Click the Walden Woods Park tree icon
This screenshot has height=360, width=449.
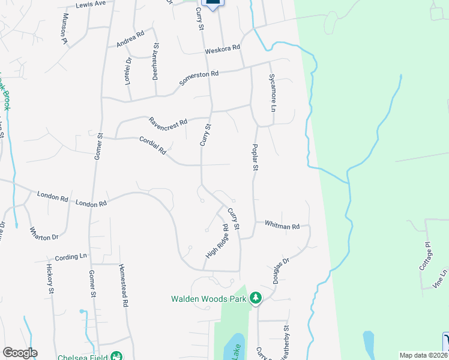coord(256,298)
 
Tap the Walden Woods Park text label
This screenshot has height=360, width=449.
coord(209,298)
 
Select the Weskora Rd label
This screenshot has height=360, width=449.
coord(223,48)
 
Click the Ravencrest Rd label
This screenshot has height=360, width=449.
coord(169,121)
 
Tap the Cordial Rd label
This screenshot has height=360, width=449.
coord(152,145)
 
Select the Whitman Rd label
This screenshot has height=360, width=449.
coord(282,226)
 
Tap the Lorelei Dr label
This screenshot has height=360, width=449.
coord(128,71)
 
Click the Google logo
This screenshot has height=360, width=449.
coord(20,353)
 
